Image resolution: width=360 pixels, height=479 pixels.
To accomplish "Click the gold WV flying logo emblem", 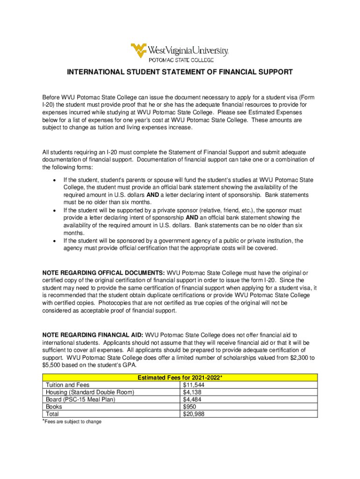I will [139, 50].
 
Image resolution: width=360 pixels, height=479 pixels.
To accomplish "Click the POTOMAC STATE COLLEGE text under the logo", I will [181, 60].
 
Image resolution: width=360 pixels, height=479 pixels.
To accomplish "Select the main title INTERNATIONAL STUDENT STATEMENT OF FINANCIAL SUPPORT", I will [180, 72].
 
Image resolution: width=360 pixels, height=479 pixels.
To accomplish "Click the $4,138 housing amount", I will [193, 392].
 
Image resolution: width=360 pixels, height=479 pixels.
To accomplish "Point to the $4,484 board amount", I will [193, 399].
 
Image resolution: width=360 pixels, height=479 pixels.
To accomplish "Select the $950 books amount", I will [189, 407].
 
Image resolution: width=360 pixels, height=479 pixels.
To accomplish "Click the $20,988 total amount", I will [194, 414].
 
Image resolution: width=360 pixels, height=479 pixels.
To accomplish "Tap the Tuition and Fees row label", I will [67, 385].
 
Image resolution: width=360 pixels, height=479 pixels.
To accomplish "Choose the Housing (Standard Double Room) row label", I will [89, 392].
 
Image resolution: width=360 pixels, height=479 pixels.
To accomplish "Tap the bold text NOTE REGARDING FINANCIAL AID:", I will [93, 335].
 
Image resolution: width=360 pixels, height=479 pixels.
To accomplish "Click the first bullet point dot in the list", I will [56, 180].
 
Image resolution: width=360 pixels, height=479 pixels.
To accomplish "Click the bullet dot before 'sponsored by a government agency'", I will [56, 241].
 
